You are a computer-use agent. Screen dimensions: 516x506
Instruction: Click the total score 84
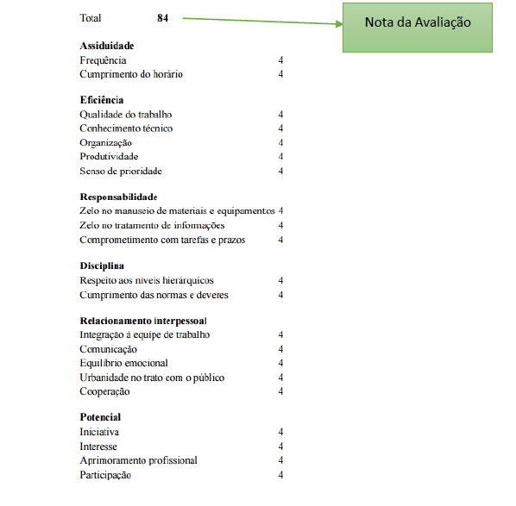point(163,18)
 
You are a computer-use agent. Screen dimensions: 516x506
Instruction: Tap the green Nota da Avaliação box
point(418,22)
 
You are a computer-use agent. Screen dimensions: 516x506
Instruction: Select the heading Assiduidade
point(107,45)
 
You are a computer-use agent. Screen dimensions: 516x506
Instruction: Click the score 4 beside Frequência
point(280,60)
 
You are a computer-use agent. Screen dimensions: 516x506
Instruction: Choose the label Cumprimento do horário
point(131,74)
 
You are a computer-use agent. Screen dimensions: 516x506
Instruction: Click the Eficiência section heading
point(102,100)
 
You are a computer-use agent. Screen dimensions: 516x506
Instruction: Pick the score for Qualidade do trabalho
point(280,114)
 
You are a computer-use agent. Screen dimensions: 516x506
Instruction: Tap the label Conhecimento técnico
point(126,128)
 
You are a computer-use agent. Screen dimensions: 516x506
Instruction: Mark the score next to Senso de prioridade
point(280,171)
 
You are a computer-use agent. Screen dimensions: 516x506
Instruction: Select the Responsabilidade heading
point(118,197)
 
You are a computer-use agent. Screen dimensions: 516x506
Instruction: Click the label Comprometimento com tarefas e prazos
point(162,240)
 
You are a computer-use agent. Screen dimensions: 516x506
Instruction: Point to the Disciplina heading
point(102,265)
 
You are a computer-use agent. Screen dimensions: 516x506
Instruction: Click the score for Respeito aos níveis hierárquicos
point(280,280)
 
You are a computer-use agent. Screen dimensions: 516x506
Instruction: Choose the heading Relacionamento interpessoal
point(143,321)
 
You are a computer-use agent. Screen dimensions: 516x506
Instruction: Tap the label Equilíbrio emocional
point(123,363)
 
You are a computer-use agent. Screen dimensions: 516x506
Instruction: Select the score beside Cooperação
point(280,391)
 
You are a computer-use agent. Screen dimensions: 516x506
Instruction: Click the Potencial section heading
point(100,417)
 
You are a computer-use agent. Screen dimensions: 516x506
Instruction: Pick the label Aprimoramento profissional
point(138,460)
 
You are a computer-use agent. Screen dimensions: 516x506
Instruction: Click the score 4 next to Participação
point(280,475)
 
